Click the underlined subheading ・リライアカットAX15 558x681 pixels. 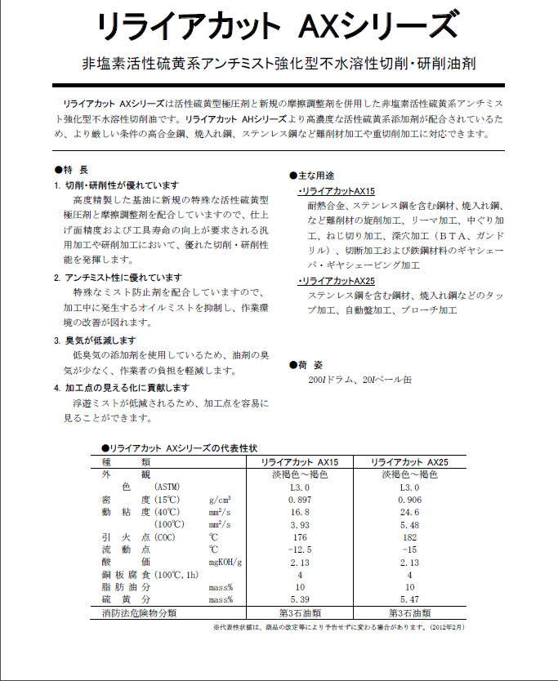tap(335, 190)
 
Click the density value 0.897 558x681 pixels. tap(300, 499)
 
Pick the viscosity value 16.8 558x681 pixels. tap(300, 511)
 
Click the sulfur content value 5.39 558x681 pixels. tap(300, 600)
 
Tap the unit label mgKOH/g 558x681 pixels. tap(226, 563)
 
